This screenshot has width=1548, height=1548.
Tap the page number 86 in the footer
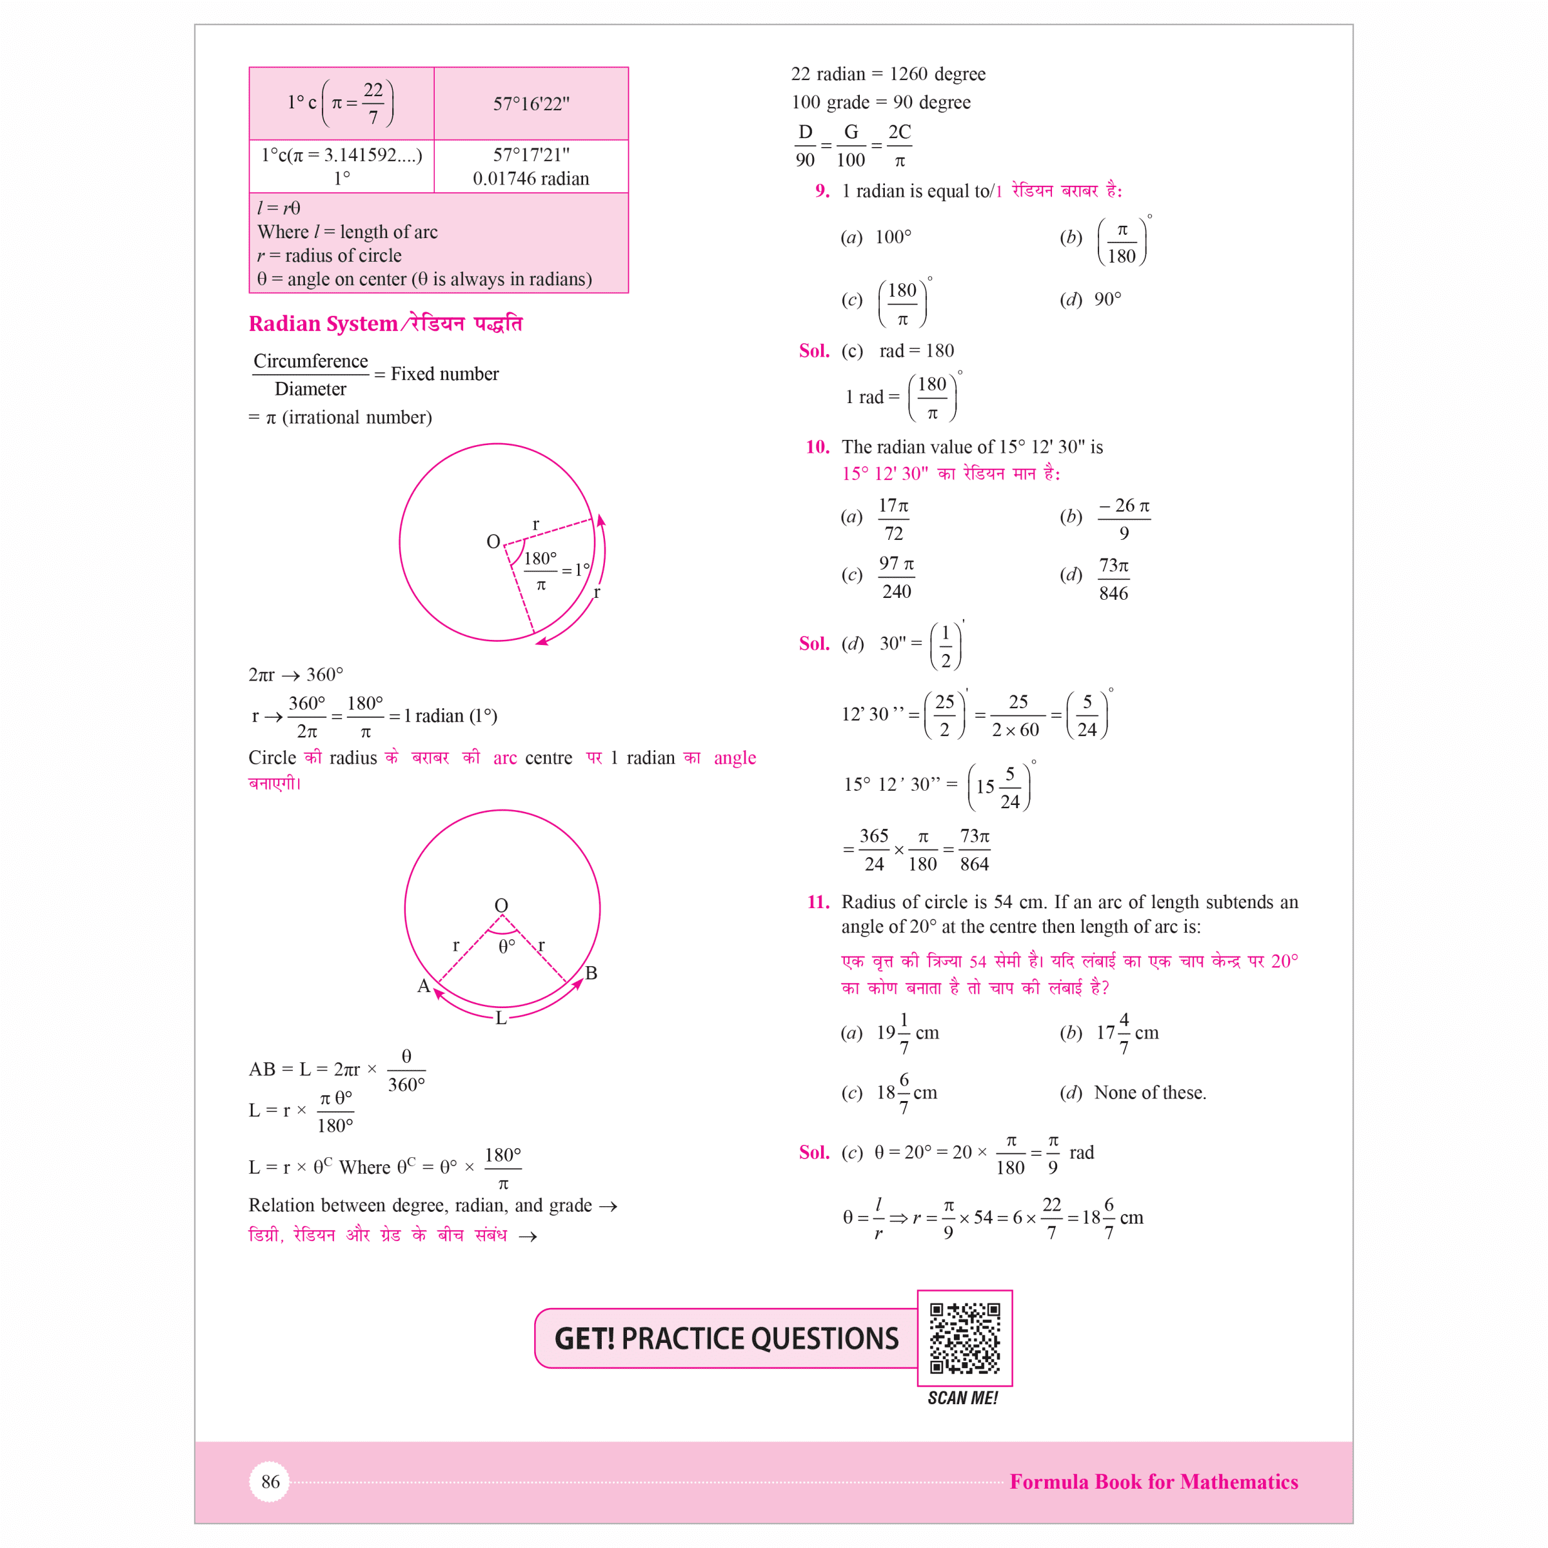pyautogui.click(x=270, y=1482)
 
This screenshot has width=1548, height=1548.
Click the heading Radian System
pyautogui.click(x=323, y=324)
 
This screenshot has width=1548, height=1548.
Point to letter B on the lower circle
pyautogui.click(x=591, y=973)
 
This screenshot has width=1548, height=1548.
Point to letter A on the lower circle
pyautogui.click(x=423, y=986)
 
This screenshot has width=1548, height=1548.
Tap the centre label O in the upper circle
pyautogui.click(x=493, y=542)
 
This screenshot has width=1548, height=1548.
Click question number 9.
pyautogui.click(x=822, y=191)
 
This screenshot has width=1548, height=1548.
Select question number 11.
pyautogui.click(x=818, y=902)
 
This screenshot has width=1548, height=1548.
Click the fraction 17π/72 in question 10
pyautogui.click(x=893, y=519)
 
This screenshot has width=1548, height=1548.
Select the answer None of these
pyautogui.click(x=1150, y=1092)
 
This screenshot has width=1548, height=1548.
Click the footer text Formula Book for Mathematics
pyautogui.click(x=1153, y=1482)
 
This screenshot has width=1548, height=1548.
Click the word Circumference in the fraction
pyautogui.click(x=310, y=361)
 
